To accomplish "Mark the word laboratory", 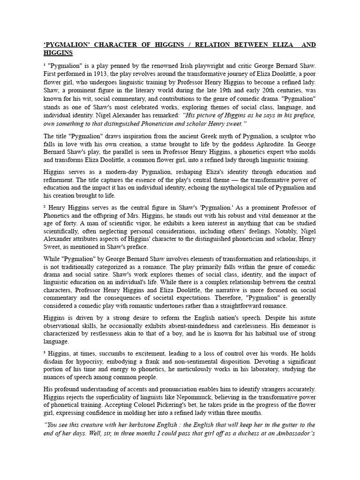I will pyautogui.click(x=237, y=369).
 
